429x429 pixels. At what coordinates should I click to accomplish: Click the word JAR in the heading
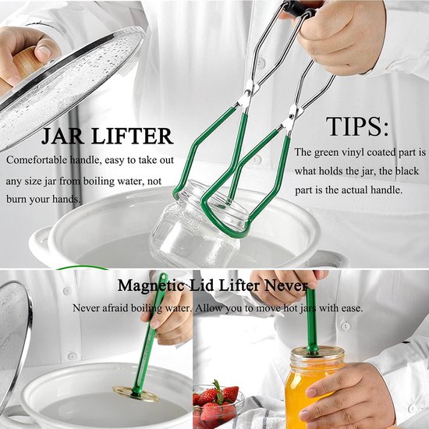(x=63, y=136)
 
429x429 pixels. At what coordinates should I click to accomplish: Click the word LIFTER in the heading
(x=133, y=136)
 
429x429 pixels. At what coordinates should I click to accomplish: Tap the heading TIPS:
(x=357, y=126)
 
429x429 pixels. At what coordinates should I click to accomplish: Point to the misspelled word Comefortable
(x=37, y=160)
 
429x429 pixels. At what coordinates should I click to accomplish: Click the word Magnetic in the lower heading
(x=151, y=286)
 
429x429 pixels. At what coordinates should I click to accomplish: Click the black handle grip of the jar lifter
(x=299, y=9)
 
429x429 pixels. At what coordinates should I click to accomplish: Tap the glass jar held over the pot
(x=197, y=225)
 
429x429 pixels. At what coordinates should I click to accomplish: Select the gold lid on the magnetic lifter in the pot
(x=136, y=394)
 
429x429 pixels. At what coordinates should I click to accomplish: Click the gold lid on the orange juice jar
(x=317, y=354)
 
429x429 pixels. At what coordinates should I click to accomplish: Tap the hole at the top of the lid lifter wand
(x=164, y=276)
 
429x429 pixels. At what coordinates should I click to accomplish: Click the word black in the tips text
(x=407, y=171)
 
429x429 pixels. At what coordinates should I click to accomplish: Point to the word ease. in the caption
(x=352, y=309)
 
